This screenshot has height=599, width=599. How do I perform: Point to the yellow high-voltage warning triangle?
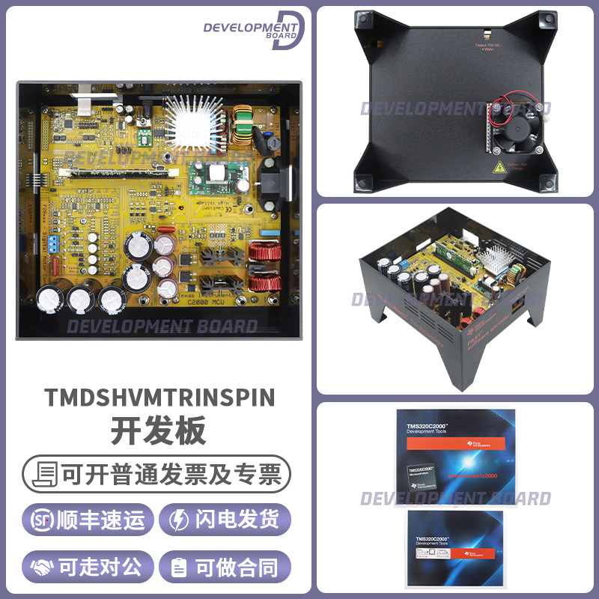[x=496, y=168]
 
